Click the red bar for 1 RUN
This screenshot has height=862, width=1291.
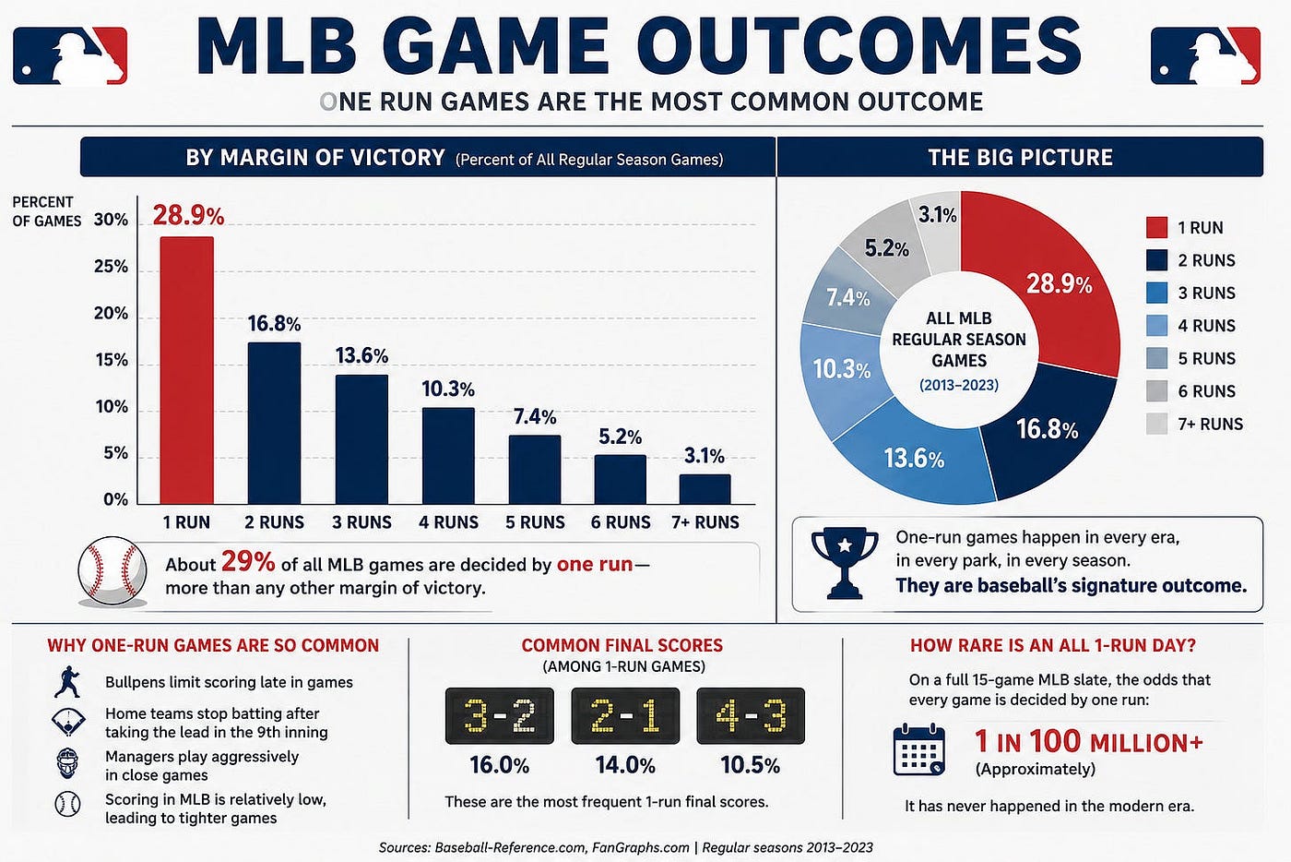(x=186, y=370)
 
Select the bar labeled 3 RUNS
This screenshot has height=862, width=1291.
(x=361, y=439)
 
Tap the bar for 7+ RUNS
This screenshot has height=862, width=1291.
(x=705, y=489)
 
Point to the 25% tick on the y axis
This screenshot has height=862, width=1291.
(x=112, y=267)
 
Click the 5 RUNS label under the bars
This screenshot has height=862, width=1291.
(x=535, y=522)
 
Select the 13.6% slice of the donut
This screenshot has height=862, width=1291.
(x=914, y=459)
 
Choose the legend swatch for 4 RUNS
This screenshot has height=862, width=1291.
(x=1156, y=326)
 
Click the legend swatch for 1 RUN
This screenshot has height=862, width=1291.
(x=1156, y=227)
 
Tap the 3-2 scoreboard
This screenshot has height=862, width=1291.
(x=500, y=715)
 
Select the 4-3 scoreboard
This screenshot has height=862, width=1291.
(x=751, y=715)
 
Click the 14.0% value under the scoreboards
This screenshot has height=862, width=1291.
(x=625, y=766)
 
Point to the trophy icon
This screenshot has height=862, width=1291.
(x=845, y=563)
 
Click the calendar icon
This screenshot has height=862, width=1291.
(x=918, y=748)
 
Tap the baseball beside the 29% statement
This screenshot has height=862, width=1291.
(x=113, y=571)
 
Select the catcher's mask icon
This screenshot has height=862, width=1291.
(x=67, y=763)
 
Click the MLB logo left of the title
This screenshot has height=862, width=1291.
(x=70, y=56)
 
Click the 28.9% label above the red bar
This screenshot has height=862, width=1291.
(x=188, y=215)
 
